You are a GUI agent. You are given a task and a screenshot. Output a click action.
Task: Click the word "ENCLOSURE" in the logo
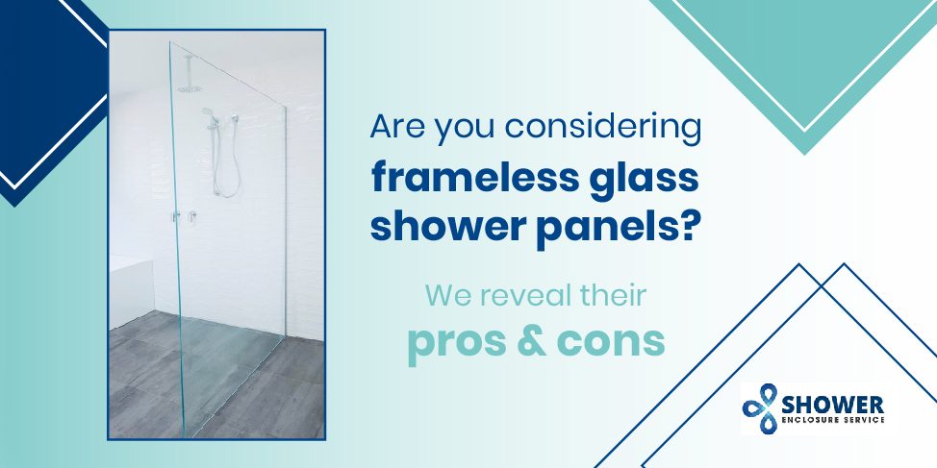click(815, 423)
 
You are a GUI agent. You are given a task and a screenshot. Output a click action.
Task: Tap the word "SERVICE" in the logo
click(864, 423)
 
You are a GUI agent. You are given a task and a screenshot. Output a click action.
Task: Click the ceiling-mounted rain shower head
click(190, 87)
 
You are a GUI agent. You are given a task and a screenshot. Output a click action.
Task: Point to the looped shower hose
click(226, 168)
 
